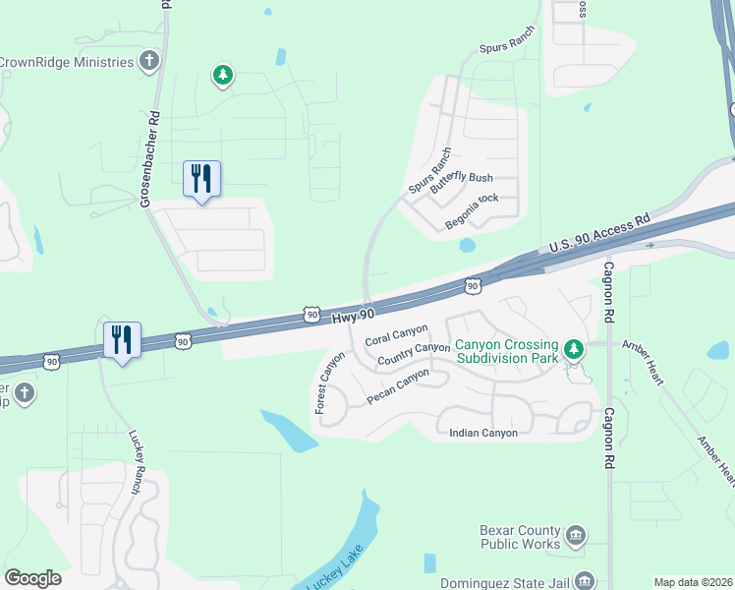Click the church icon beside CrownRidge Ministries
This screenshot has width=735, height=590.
148,63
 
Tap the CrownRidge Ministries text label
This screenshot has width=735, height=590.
67,63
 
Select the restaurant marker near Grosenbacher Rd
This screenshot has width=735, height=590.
201,179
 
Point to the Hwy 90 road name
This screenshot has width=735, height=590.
354,314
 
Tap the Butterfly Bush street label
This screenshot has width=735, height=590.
465,178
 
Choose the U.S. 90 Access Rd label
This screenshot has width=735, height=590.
600,233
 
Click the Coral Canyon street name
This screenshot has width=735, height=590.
396,335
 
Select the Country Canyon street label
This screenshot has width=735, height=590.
414,354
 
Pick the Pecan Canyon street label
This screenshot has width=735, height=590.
398,386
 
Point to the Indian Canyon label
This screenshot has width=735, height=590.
482,433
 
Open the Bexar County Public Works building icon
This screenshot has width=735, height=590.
576,536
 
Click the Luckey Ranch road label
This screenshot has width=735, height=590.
136,461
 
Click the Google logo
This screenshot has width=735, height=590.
32,578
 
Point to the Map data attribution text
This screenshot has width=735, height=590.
692,582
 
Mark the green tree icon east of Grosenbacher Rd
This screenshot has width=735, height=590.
224,74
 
